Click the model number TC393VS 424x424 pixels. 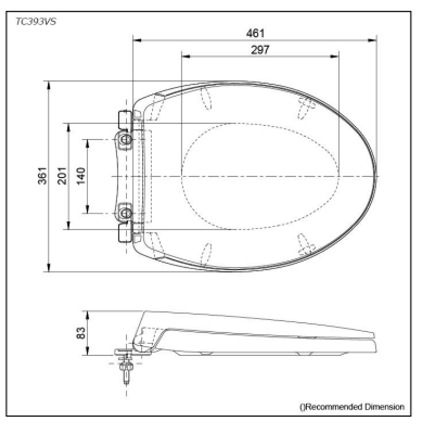point(36,21)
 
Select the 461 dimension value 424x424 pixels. point(255,33)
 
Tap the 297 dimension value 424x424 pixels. point(260,50)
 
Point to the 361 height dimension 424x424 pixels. point(42,175)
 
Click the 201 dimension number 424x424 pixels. point(62,175)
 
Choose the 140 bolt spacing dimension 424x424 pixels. point(80,176)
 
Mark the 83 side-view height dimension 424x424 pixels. point(80,333)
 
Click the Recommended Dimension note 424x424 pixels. point(352,407)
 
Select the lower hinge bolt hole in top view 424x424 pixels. point(126,213)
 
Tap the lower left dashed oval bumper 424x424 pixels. point(206,254)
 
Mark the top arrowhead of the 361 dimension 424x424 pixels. point(49,84)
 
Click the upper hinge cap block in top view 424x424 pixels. point(125,119)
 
